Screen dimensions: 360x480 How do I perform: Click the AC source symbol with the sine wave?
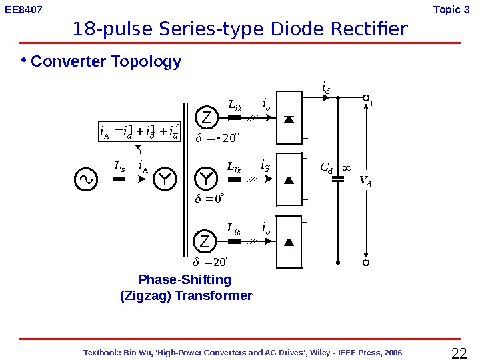point(87,179)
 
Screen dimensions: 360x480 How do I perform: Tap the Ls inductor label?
point(119,165)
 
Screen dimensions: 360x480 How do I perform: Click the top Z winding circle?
point(206,117)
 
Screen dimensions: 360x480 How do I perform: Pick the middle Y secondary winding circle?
point(206,179)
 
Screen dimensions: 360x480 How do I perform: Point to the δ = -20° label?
point(216,138)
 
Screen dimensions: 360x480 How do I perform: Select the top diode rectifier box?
point(289,118)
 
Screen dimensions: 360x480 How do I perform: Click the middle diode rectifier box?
point(289,179)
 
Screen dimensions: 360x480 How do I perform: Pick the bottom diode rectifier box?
point(289,241)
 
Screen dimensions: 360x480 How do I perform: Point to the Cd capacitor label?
point(326,167)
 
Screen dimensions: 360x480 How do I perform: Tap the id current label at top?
point(326,87)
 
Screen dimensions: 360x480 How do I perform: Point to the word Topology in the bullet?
point(148,62)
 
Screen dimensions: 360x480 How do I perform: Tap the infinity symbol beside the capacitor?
point(347,167)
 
